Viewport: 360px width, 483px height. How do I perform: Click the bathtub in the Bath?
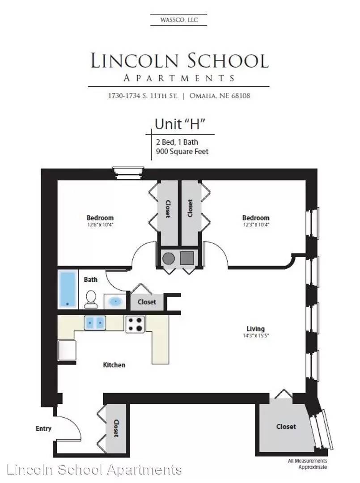[68, 289]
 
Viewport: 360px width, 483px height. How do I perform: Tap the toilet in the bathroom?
[91, 299]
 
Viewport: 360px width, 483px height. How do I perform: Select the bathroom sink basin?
[115, 301]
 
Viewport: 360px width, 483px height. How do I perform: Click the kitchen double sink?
[95, 323]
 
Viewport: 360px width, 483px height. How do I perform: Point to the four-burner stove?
[135, 324]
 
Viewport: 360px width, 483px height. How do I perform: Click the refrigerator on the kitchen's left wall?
[67, 350]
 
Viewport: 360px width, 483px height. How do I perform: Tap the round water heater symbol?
[169, 258]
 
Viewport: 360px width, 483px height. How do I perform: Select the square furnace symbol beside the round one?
[187, 258]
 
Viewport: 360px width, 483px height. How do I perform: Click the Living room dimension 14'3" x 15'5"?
[256, 335]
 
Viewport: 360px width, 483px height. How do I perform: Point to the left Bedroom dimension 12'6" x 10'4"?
[100, 225]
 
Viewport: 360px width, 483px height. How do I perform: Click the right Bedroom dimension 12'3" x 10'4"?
[256, 225]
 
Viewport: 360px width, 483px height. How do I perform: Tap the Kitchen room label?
[114, 365]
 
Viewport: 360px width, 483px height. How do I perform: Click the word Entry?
[43, 428]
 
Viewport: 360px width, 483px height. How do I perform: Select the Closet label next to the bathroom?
[147, 302]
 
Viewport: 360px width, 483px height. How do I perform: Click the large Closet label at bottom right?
[286, 427]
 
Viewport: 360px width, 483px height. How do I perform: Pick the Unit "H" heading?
[180, 124]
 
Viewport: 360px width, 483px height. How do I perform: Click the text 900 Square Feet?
[182, 152]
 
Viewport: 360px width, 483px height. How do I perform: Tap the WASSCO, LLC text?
[179, 20]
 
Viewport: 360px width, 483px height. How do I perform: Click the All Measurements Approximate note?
[307, 464]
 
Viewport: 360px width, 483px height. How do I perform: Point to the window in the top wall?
[128, 173]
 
